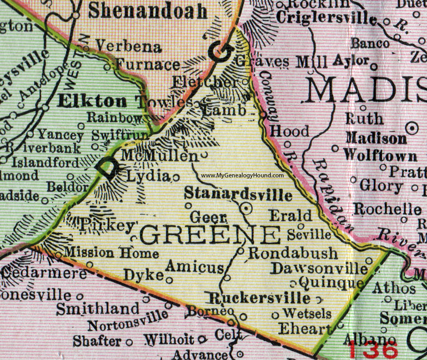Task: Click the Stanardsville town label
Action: (x=238, y=194)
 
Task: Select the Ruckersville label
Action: (x=259, y=298)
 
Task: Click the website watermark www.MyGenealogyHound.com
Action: (x=242, y=176)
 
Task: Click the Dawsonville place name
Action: (x=319, y=268)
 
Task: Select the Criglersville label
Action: (x=326, y=19)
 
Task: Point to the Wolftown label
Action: (x=380, y=156)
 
